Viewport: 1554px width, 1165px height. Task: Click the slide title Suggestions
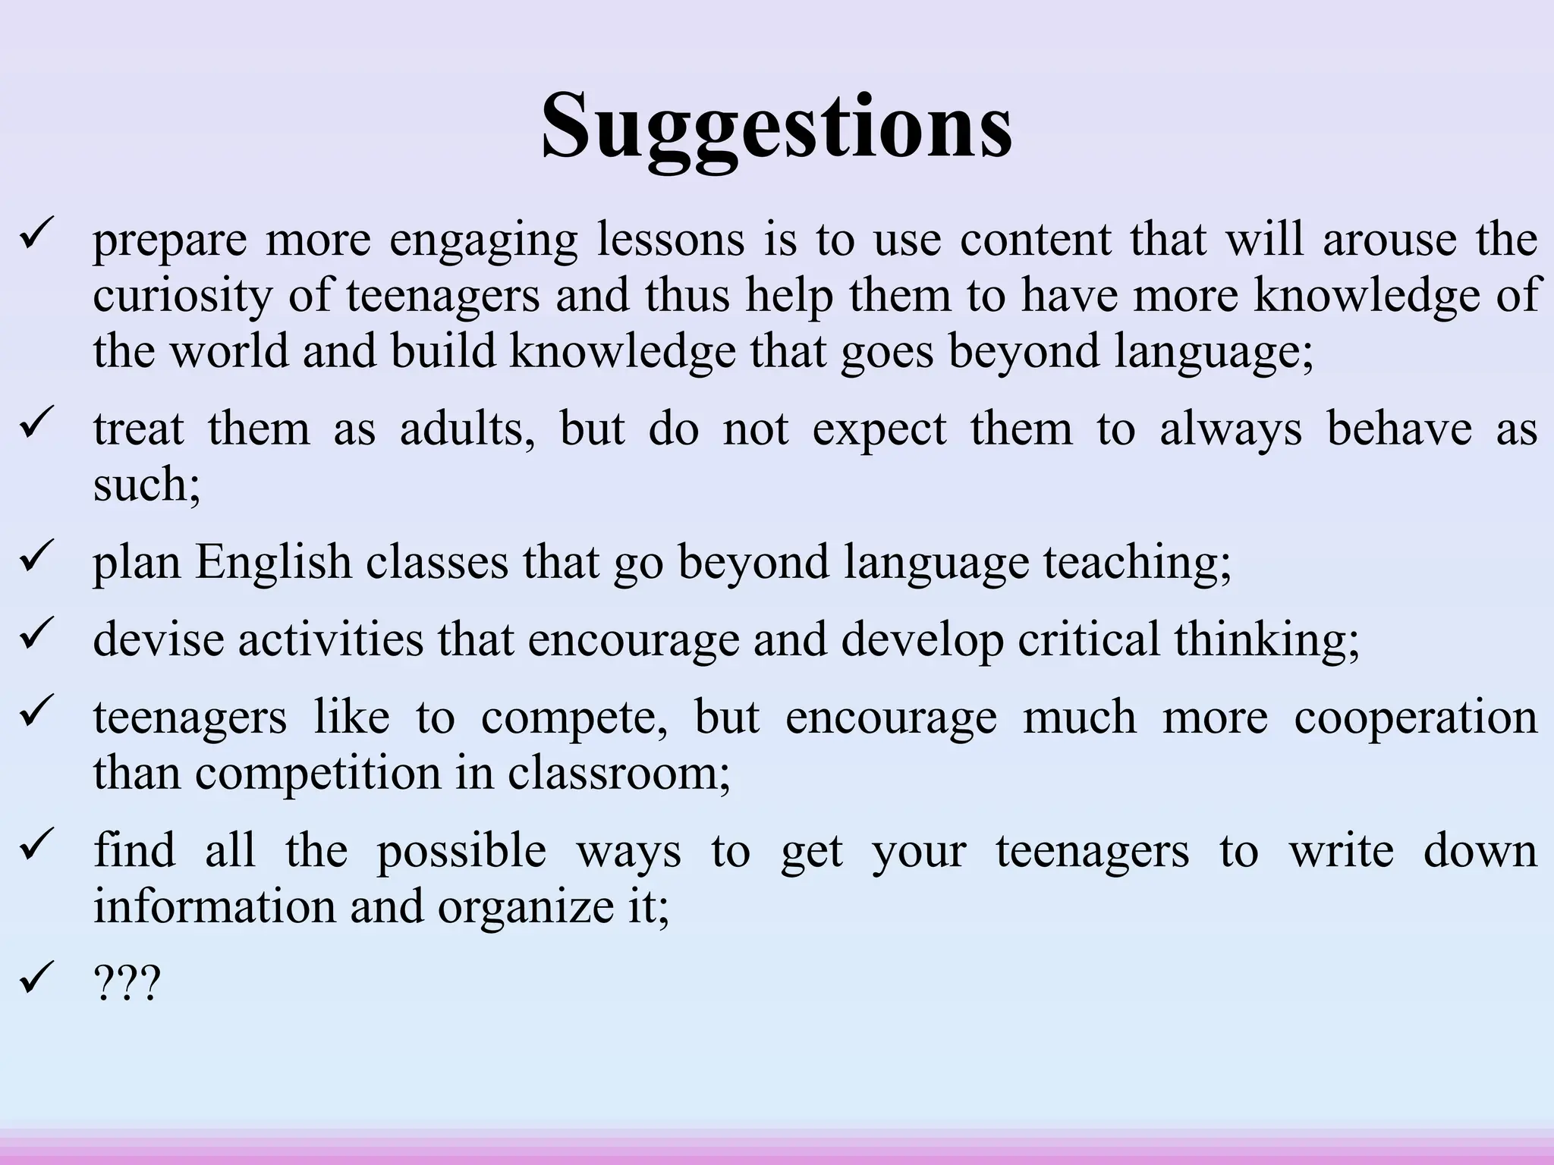(776, 125)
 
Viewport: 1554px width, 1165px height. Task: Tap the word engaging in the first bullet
(483, 240)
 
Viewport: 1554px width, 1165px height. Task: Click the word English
(273, 562)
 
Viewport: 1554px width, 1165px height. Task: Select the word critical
(1089, 639)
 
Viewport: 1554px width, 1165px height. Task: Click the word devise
(159, 639)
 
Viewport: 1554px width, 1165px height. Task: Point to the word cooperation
(1415, 717)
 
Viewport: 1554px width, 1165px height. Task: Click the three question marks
(127, 984)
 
